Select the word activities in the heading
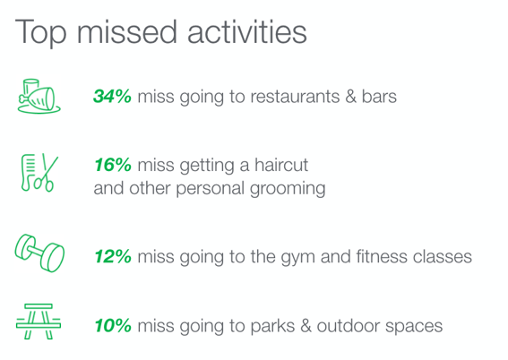pyautogui.click(x=247, y=31)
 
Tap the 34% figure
pyautogui.click(x=112, y=96)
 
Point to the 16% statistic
pyautogui.click(x=113, y=165)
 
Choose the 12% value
pyautogui.click(x=113, y=256)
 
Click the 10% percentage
pyautogui.click(x=113, y=325)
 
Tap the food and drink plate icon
pyautogui.click(x=39, y=96)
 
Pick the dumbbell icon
pyautogui.click(x=39, y=253)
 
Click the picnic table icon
pyautogui.click(x=39, y=321)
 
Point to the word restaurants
pyautogui.click(x=295, y=97)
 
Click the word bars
pyautogui.click(x=379, y=96)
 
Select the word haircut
pyautogui.click(x=281, y=165)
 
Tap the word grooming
pyautogui.click(x=288, y=189)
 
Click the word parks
pyautogui.click(x=272, y=326)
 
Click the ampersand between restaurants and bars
pyautogui.click(x=350, y=97)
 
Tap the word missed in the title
pyautogui.click(x=126, y=31)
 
